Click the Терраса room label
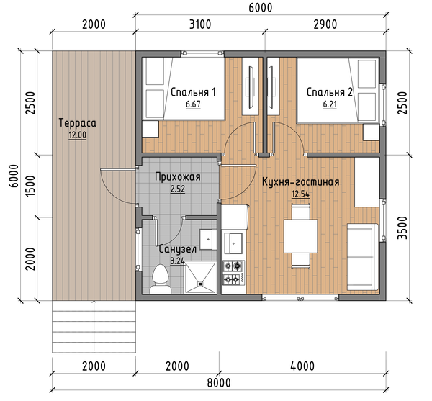(x=78, y=123)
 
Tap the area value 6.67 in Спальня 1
(x=193, y=104)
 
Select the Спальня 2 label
(x=330, y=92)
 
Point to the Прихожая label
(x=178, y=177)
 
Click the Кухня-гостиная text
(x=300, y=182)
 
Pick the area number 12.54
(x=300, y=194)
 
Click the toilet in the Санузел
(x=161, y=279)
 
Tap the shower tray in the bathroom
(x=200, y=278)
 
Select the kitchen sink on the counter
(x=233, y=243)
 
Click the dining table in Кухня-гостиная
(x=300, y=235)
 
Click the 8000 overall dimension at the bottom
(x=219, y=383)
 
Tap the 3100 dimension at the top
(x=200, y=24)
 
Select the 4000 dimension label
(x=302, y=366)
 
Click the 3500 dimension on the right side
(x=402, y=228)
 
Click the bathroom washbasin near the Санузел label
(x=208, y=239)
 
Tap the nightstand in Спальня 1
(x=150, y=129)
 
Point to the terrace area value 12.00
(x=78, y=135)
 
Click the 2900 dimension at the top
(x=325, y=24)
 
